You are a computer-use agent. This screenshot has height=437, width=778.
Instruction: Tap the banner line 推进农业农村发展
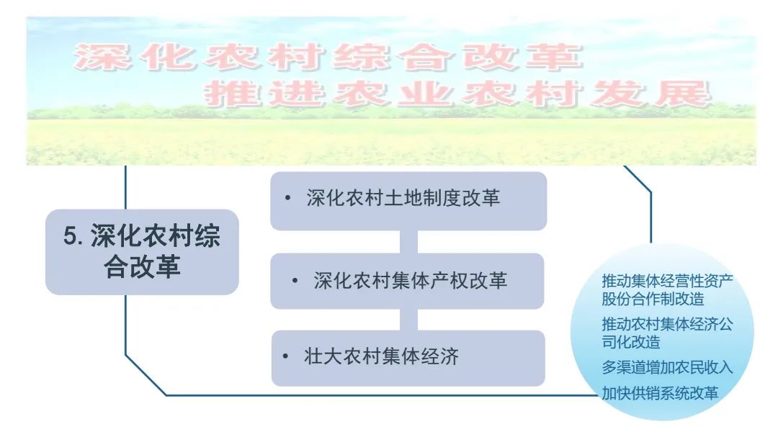pos(457,94)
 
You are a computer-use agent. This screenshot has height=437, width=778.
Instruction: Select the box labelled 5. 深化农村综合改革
pos(142,252)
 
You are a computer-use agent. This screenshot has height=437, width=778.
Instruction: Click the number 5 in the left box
pos(70,237)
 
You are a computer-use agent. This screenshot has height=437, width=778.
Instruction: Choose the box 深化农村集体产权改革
pos(408,281)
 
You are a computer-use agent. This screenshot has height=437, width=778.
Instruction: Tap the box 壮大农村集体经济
pos(408,358)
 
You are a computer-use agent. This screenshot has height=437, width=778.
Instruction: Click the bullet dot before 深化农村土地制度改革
pos(288,198)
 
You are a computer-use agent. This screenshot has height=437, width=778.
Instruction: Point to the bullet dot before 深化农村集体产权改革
pos(295,279)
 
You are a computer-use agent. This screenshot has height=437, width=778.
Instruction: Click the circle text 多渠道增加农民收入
pos(667,367)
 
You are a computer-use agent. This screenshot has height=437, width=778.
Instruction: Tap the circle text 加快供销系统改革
pos(660,393)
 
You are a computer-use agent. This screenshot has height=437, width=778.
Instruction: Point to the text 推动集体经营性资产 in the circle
pos(667,280)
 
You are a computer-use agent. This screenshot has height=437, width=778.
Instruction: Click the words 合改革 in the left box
pos(142,268)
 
